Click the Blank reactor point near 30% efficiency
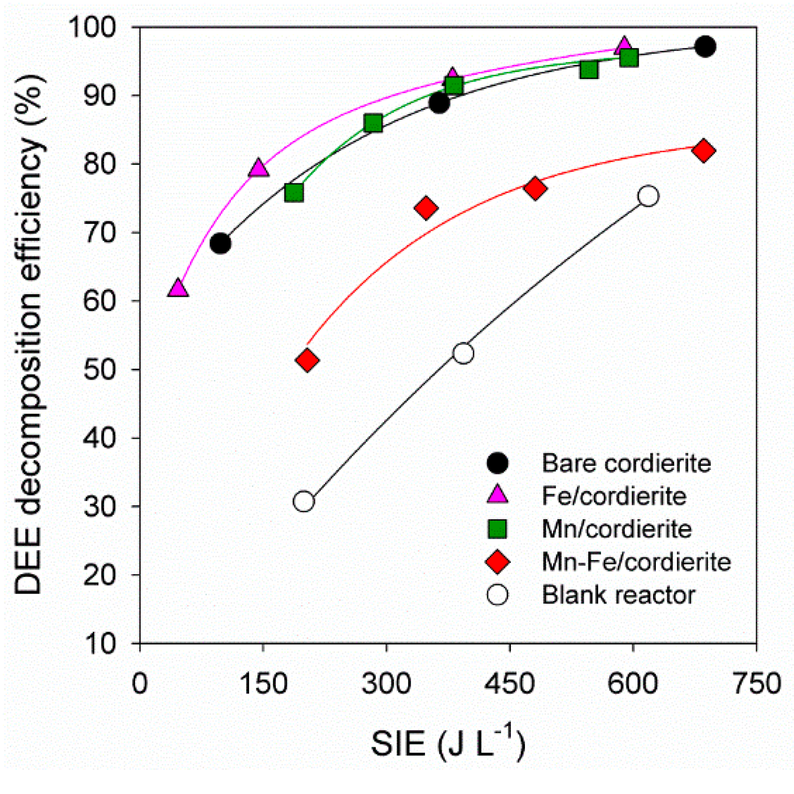pos(304,501)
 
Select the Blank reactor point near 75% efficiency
pos(648,196)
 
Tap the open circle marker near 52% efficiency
pos(463,353)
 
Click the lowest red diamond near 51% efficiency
pos(307,360)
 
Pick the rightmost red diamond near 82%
pos(703,151)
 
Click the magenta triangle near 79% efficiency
pos(258,168)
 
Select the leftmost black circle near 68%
pos(220,243)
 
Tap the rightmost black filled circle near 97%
pos(705,47)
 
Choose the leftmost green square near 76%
pos(294,193)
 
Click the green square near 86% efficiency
pos(373,124)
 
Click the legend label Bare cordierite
pos(626,463)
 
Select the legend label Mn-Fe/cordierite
pos(636,562)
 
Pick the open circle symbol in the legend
pos(497,595)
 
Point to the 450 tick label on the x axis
pos(509,684)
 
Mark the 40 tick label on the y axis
pos(99,438)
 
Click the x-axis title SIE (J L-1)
pos(448,743)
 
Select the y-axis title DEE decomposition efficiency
pos(29,335)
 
